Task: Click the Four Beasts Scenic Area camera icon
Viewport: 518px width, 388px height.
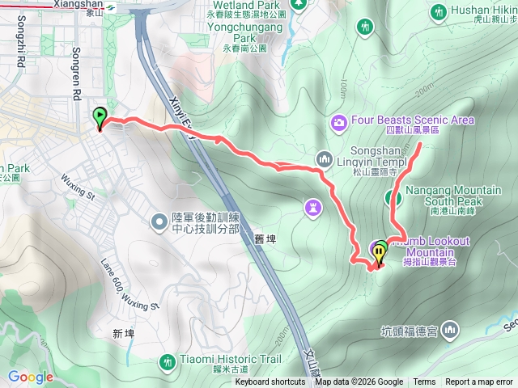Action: (x=338, y=122)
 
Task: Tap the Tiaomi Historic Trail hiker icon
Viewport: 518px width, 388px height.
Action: (x=167, y=361)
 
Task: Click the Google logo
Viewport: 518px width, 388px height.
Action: (x=30, y=377)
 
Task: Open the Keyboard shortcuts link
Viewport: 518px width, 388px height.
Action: (x=270, y=382)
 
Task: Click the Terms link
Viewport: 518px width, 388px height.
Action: (x=424, y=382)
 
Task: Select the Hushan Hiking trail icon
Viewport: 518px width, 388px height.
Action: (x=439, y=12)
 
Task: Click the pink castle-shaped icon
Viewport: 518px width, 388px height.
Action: (x=312, y=208)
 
